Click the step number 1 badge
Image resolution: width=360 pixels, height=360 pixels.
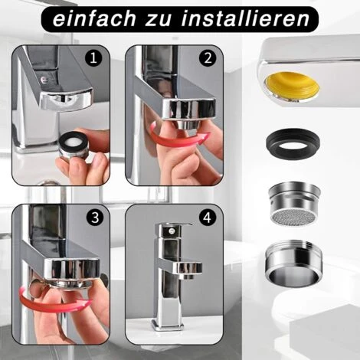pyautogui.click(x=94, y=58)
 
